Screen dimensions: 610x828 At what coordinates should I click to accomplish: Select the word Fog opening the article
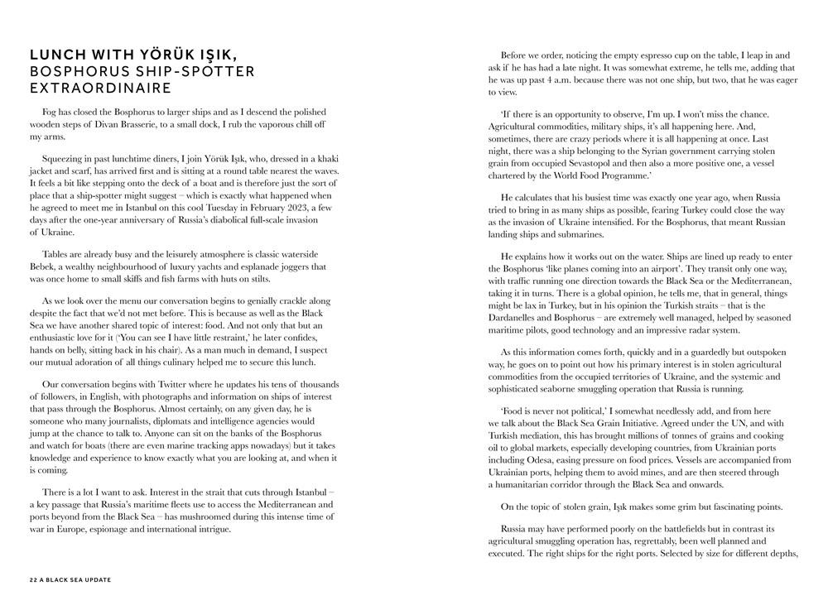pyautogui.click(x=50, y=112)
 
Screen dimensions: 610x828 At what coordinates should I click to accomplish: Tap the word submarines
pyautogui.click(x=587, y=234)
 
